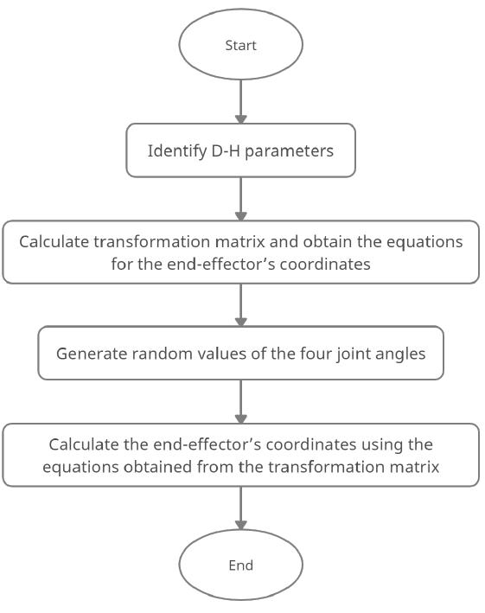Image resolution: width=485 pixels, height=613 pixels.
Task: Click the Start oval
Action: pyautogui.click(x=240, y=45)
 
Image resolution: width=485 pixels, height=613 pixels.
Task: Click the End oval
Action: pyautogui.click(x=240, y=565)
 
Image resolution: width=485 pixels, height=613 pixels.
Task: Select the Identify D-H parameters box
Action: pyautogui.click(x=240, y=150)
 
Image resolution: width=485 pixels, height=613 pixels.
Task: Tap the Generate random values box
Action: pyautogui.click(x=240, y=353)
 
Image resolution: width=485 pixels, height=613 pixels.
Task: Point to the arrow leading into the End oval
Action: pyautogui.click(x=240, y=508)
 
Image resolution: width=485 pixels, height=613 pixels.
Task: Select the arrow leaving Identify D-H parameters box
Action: pyautogui.click(x=240, y=199)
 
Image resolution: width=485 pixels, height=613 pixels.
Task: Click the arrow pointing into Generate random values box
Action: pyautogui.click(x=240, y=304)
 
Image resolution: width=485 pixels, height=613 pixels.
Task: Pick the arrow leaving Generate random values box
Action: pyautogui.click(x=240, y=401)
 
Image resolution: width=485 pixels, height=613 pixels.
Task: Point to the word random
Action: pyautogui.click(x=158, y=354)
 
